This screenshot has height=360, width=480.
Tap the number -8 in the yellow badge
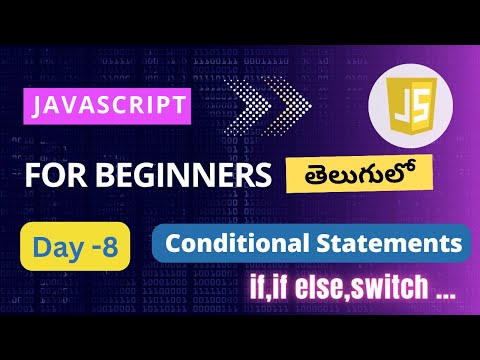click(99, 248)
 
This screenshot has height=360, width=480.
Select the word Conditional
click(228, 242)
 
